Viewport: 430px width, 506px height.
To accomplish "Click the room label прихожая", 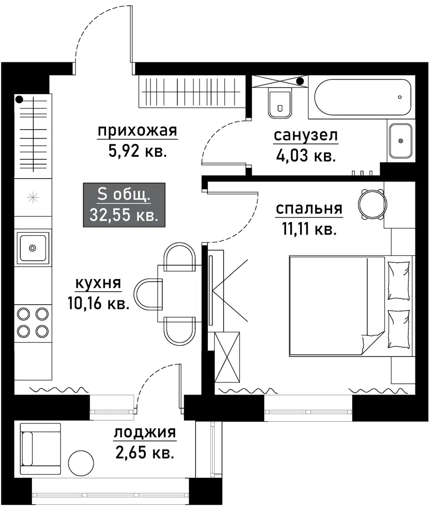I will tap(137, 132).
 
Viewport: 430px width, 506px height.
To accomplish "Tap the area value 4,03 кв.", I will tap(306, 156).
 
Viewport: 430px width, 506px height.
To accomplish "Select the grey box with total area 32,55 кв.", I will tap(124, 205).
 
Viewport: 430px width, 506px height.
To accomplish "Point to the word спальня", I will tap(309, 209).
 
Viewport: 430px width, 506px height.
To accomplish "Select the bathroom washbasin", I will tap(400, 141).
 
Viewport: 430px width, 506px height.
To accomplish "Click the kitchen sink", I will tap(32, 247).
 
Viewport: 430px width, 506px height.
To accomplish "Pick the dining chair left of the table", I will tap(148, 294).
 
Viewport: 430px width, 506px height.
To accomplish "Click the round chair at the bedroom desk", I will tap(371, 203).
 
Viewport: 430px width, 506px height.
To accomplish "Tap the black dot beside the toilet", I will tap(300, 81).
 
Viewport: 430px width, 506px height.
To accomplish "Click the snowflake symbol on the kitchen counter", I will tap(32, 197).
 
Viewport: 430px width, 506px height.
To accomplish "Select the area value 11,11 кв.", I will tap(309, 230).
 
